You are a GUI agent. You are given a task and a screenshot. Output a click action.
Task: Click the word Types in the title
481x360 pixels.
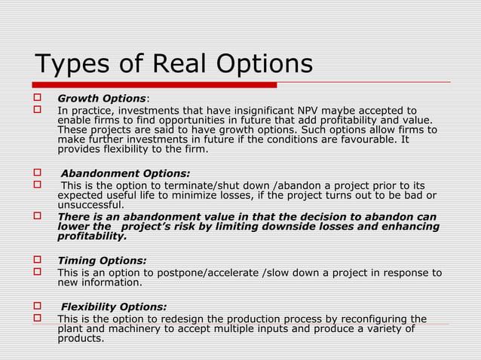[x=73, y=65]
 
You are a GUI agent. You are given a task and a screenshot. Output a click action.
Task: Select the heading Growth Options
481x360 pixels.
[x=102, y=99]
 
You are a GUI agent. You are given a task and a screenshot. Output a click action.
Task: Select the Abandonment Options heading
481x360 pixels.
[x=125, y=174]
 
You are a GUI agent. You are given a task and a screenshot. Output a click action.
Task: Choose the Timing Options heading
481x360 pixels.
[x=102, y=261]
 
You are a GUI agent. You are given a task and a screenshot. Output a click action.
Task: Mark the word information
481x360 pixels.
[x=111, y=282]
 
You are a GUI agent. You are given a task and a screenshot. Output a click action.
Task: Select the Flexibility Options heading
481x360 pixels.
[x=114, y=307]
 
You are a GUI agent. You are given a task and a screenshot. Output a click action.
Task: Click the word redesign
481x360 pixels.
[x=201, y=319]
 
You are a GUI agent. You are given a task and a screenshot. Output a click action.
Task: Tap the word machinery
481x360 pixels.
[x=133, y=328]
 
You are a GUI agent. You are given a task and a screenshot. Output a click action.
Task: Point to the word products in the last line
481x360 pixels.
[x=81, y=338]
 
